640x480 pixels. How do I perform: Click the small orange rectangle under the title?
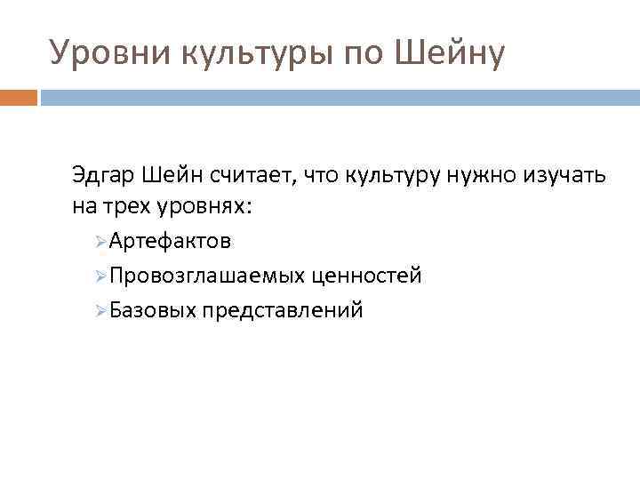(x=18, y=97)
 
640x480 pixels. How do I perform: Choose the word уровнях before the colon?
(x=206, y=207)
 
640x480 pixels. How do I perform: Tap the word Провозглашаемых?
(x=207, y=276)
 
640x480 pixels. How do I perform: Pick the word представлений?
(x=283, y=311)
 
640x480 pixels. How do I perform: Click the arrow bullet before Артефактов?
(x=100, y=242)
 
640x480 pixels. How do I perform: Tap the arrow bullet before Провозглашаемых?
(x=100, y=276)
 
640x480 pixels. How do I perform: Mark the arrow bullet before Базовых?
(x=100, y=310)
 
